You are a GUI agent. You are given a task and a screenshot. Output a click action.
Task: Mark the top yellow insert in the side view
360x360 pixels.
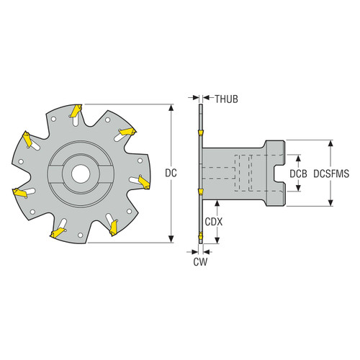click(199, 135)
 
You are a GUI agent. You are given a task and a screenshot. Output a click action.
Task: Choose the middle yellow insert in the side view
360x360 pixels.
click(200, 192)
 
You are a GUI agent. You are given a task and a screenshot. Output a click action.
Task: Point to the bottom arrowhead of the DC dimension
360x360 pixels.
click(171, 240)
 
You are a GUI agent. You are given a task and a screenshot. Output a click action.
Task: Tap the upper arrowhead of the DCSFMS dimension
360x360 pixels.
click(330, 142)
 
